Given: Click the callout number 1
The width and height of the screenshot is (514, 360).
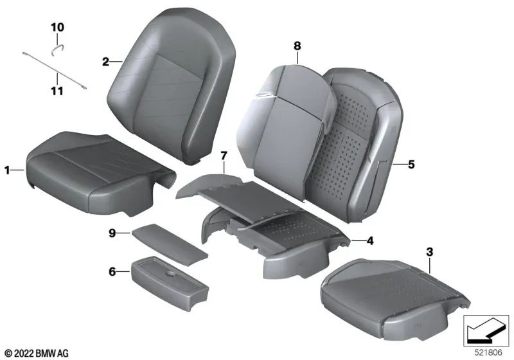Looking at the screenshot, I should tap(8, 170).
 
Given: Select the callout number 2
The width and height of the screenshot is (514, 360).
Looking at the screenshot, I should tap(105, 62).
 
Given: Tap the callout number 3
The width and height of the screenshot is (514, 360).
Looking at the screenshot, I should tap(430, 251).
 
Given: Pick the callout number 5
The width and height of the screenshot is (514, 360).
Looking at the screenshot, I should tap(411, 165).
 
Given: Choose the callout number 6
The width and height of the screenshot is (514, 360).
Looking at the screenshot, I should tap(112, 272).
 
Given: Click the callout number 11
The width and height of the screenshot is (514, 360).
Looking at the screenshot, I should tap(57, 91).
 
